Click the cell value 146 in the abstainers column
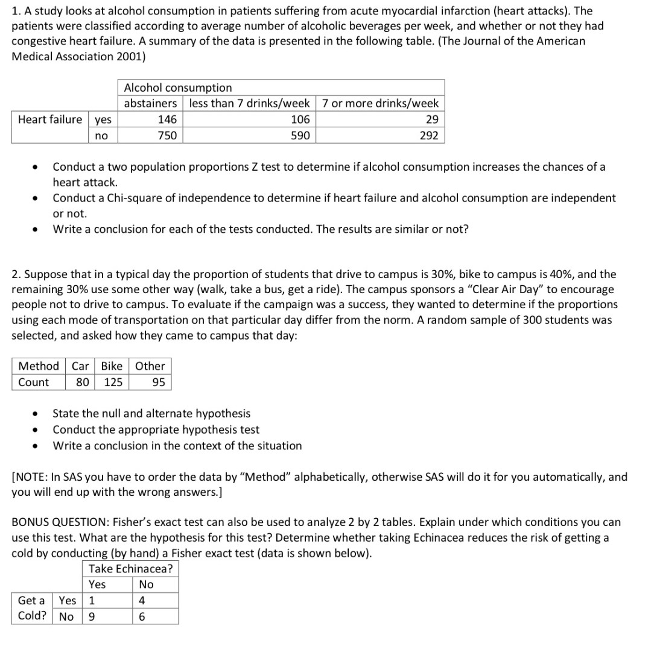[167, 119]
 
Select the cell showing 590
[300, 136]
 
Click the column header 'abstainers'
[150, 103]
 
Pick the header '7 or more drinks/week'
[380, 103]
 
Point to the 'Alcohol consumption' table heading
[177, 88]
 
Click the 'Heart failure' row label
[50, 119]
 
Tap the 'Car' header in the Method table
[80, 366]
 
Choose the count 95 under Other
[158, 382]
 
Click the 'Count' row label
[34, 382]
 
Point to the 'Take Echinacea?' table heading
[130, 568]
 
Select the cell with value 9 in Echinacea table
[92, 616]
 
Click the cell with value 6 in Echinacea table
[142, 616]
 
